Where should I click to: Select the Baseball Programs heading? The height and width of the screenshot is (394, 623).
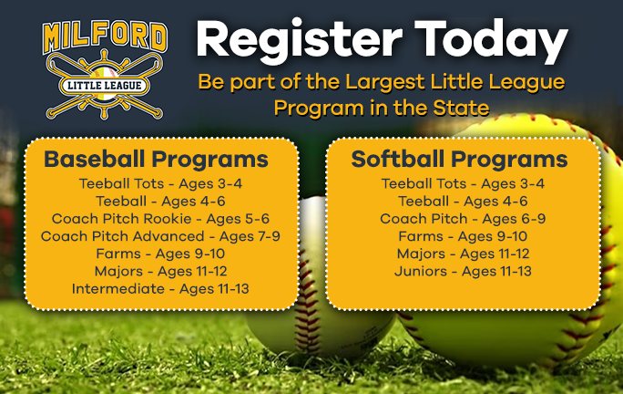pos(157,160)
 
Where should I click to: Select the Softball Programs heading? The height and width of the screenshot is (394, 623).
pos(460,160)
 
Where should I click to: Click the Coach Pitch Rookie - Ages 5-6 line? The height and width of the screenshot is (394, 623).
pos(160,219)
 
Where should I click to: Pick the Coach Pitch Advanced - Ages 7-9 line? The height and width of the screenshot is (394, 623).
pos(160,236)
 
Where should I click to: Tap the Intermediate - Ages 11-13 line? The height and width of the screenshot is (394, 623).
pos(160,289)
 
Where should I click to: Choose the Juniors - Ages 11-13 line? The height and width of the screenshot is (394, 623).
pos(463,272)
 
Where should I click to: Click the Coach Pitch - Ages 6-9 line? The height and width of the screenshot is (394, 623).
pos(463,219)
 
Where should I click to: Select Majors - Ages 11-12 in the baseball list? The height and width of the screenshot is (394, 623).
pos(160,272)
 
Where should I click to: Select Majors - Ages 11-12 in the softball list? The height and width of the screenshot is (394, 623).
pos(463,254)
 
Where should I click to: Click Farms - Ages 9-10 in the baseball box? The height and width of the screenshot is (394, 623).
pos(160,254)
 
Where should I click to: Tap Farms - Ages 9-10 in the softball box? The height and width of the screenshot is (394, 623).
pos(463,236)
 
